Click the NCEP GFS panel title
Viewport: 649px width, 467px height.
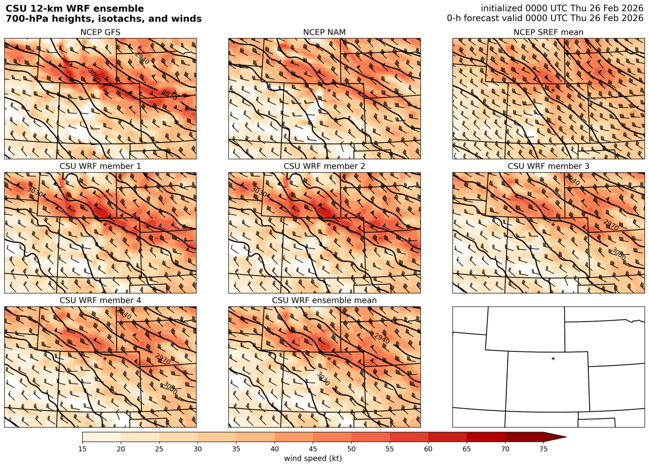point(100,32)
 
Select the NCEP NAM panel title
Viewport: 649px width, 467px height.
point(324,32)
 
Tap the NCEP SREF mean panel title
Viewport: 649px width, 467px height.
point(548,32)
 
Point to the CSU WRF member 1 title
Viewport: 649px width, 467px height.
point(100,166)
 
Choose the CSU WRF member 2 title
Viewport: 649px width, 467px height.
point(324,166)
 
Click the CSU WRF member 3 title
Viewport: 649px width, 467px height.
point(548,166)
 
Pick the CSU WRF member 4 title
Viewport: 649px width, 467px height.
point(100,300)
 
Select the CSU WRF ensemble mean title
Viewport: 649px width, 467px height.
point(324,300)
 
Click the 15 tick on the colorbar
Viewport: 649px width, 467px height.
point(83,449)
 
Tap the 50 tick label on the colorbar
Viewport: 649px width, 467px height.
point(351,449)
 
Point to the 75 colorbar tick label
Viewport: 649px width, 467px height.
point(543,449)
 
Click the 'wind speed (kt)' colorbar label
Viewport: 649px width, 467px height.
point(313,458)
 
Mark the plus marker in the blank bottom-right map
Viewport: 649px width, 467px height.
point(553,359)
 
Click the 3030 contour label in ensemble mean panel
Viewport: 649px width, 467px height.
point(323,379)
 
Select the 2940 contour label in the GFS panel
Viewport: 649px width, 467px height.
point(142,58)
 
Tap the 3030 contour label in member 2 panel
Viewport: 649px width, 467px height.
point(259,192)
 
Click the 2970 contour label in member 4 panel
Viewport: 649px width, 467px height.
point(163,359)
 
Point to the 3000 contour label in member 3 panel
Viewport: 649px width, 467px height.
point(618,254)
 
